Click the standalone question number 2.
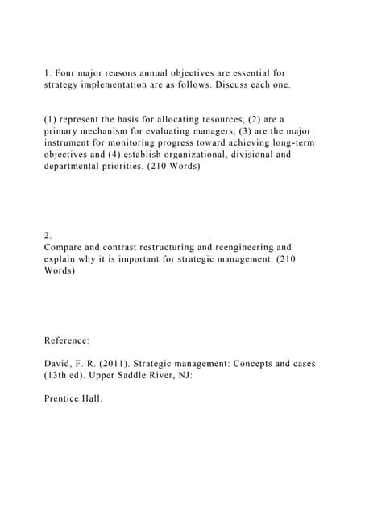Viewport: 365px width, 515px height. pos(48,236)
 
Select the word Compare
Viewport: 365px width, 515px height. pos(66,248)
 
